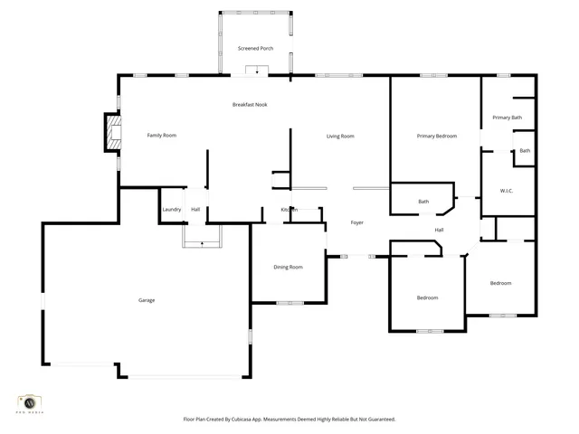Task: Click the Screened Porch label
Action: (x=255, y=48)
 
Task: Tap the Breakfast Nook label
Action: (x=250, y=105)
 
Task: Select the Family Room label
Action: (x=162, y=136)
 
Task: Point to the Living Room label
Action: (x=340, y=137)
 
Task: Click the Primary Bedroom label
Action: (x=436, y=137)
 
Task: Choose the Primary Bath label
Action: (x=508, y=118)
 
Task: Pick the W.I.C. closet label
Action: (x=508, y=191)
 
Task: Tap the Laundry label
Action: (x=172, y=210)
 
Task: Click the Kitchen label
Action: (x=289, y=210)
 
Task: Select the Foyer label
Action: (x=357, y=222)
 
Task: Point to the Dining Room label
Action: (x=288, y=267)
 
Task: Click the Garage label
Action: (x=147, y=300)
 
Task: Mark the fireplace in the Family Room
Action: (x=112, y=134)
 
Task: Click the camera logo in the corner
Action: (x=30, y=401)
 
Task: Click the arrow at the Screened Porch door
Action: (x=256, y=71)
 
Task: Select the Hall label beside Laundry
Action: (x=195, y=210)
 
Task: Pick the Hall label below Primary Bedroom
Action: (x=439, y=230)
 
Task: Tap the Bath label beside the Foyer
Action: (x=423, y=202)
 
